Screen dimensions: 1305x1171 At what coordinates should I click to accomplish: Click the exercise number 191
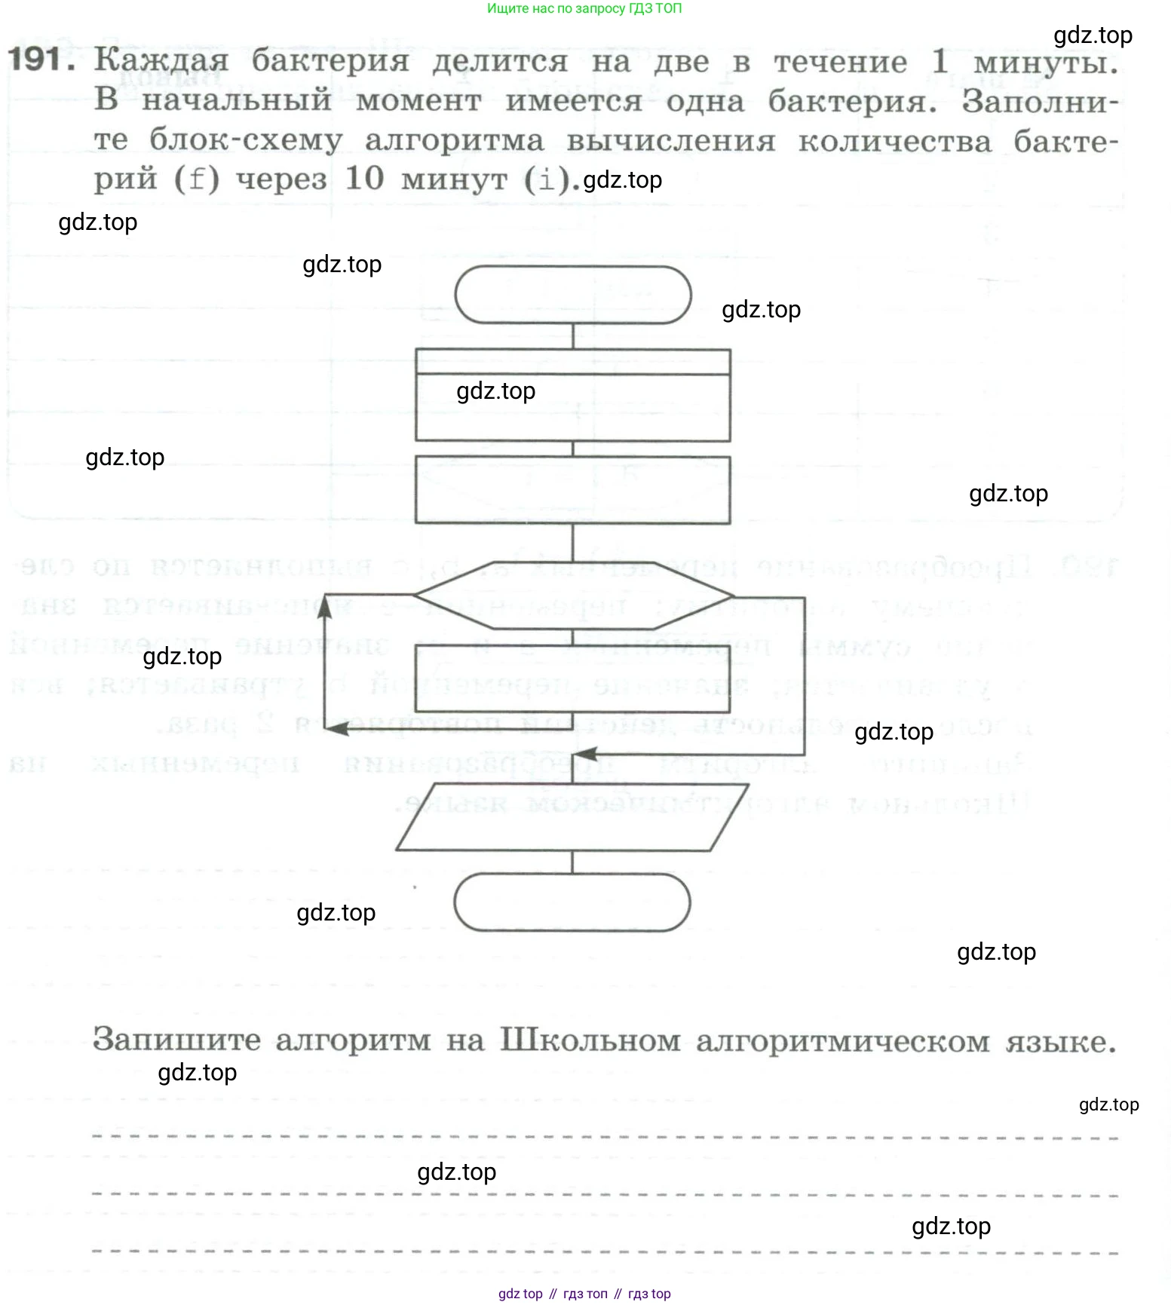41,59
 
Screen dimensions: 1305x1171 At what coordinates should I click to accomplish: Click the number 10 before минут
364,179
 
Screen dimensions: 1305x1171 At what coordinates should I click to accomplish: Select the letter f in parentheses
197,179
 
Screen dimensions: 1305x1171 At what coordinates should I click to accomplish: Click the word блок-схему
246,140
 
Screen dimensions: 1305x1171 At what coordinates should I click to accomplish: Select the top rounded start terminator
573,295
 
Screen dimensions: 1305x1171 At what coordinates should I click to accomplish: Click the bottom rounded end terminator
572,902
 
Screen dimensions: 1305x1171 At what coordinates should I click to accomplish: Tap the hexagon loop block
573,595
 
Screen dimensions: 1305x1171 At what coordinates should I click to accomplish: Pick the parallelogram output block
572,817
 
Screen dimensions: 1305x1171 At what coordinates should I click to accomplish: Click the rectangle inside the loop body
572,679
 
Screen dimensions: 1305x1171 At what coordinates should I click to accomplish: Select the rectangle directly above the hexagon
572,490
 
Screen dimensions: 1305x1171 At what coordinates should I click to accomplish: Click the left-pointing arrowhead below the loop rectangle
338,728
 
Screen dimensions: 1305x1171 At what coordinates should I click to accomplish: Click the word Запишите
176,1040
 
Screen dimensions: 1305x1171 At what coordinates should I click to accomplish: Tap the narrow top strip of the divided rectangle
572,362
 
